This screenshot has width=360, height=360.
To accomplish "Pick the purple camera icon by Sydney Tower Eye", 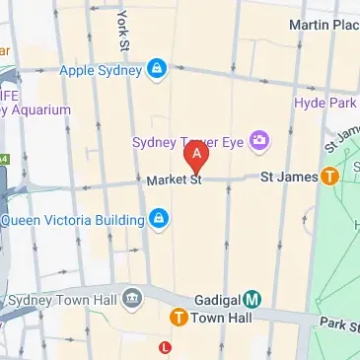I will (259, 142).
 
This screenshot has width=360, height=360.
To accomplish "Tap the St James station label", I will (289, 178).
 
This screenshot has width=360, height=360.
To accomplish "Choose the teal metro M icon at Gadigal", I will (252, 298).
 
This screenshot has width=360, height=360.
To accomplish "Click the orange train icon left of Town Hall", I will (179, 318).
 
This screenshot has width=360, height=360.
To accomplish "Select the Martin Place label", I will (324, 23).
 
